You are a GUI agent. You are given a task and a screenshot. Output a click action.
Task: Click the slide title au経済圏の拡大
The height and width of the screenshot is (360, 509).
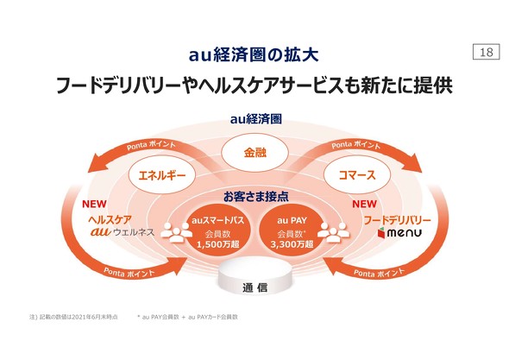[x=254, y=54]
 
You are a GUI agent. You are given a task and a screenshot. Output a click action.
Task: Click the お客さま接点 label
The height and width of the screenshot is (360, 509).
[x=254, y=196]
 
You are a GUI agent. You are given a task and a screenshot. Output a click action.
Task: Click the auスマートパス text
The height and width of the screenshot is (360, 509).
[x=212, y=223]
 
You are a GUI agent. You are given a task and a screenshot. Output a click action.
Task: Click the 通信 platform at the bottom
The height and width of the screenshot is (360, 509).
[x=254, y=287]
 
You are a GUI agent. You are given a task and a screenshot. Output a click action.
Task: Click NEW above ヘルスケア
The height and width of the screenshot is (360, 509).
[x=93, y=205]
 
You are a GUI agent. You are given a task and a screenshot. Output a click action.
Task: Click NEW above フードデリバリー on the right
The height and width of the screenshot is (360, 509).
[x=365, y=205]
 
